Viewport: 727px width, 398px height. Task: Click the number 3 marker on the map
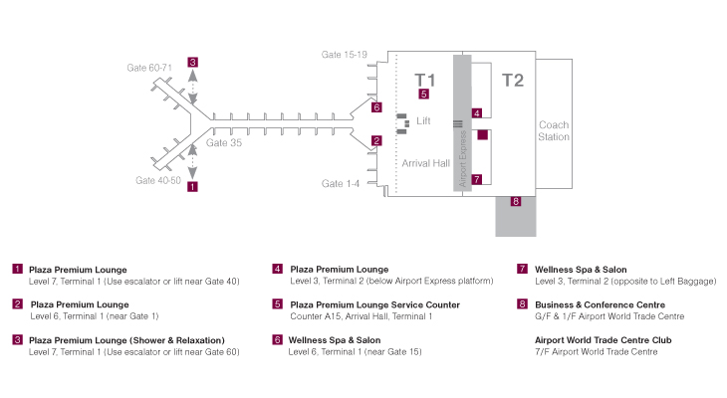(x=192, y=62)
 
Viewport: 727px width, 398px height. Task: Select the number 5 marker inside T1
(x=424, y=95)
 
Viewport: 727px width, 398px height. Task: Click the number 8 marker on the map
(x=516, y=202)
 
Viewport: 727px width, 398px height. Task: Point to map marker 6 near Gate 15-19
(x=376, y=107)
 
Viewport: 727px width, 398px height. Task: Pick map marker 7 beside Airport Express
(x=477, y=180)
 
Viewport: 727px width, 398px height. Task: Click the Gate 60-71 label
(x=149, y=68)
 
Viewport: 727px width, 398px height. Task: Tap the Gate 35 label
(x=224, y=143)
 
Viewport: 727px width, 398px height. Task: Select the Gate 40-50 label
(x=158, y=181)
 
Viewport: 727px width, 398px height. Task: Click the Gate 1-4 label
(x=339, y=184)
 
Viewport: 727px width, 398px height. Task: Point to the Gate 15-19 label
(x=345, y=54)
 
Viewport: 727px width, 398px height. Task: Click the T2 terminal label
(x=512, y=81)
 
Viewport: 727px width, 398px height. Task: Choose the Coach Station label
(x=554, y=130)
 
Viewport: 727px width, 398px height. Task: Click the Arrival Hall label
(x=426, y=162)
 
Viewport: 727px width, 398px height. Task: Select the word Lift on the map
(x=423, y=120)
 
